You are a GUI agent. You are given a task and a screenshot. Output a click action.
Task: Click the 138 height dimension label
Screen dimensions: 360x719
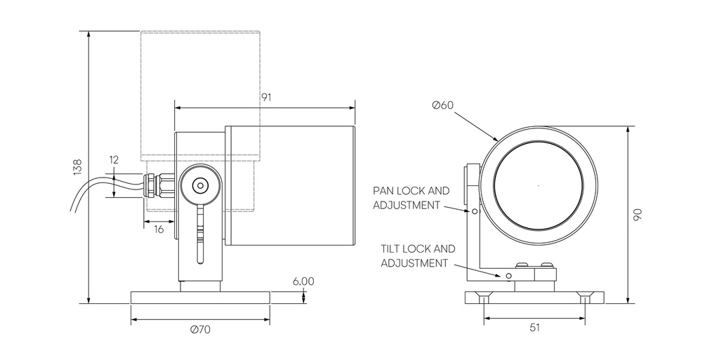pos(77,167)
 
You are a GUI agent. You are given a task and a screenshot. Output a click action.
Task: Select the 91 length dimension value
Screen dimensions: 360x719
pos(266,98)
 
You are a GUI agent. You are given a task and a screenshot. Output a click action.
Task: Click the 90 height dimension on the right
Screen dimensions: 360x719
pos(638,215)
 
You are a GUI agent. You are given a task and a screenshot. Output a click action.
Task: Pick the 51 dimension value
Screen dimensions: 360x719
pos(534,327)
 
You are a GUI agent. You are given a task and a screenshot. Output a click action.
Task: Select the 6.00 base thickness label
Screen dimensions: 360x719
pos(303,281)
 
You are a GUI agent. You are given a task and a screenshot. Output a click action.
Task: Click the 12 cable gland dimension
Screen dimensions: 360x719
pos(114,160)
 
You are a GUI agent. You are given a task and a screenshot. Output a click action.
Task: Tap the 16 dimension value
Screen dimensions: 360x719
pos(159,229)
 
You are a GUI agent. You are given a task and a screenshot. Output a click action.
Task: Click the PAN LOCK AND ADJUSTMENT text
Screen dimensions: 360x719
pos(410,198)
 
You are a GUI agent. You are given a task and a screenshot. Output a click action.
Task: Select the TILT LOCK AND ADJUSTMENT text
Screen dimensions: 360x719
pos(418,255)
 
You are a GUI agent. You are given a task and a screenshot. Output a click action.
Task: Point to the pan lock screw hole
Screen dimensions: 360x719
pos(475,211)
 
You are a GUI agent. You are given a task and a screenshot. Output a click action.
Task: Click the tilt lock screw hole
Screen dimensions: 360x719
pos(508,276)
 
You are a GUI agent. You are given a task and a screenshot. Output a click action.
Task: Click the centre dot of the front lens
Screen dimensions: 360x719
pos(539,186)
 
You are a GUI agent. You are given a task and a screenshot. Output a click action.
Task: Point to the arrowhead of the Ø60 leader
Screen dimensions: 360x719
pos(497,140)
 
